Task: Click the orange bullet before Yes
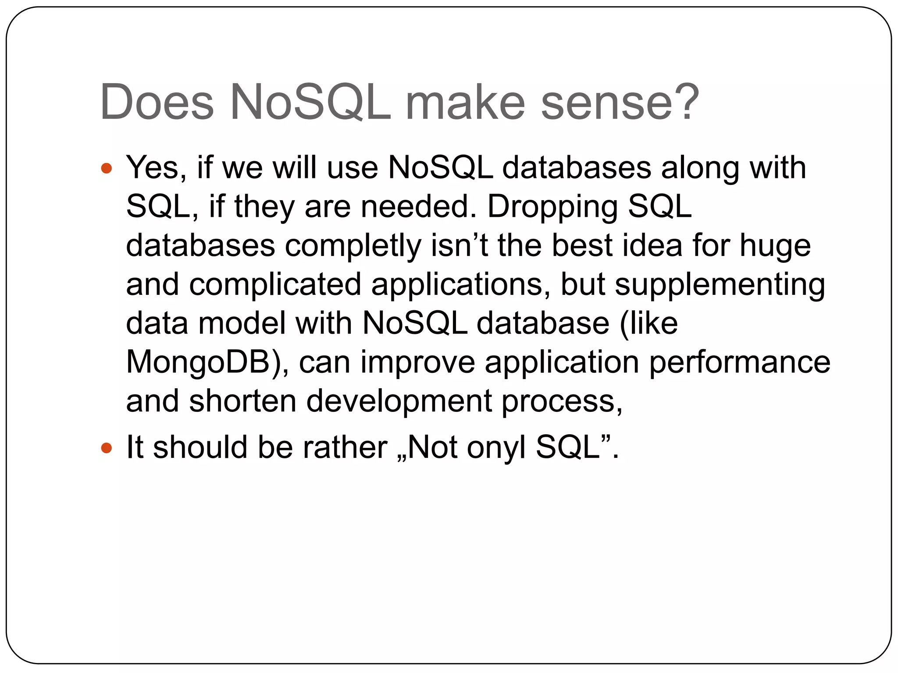coord(107,168)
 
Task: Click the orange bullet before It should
coord(107,448)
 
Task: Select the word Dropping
coord(552,207)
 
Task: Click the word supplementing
coord(720,285)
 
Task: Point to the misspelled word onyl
coord(496,448)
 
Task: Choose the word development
coord(399,402)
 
